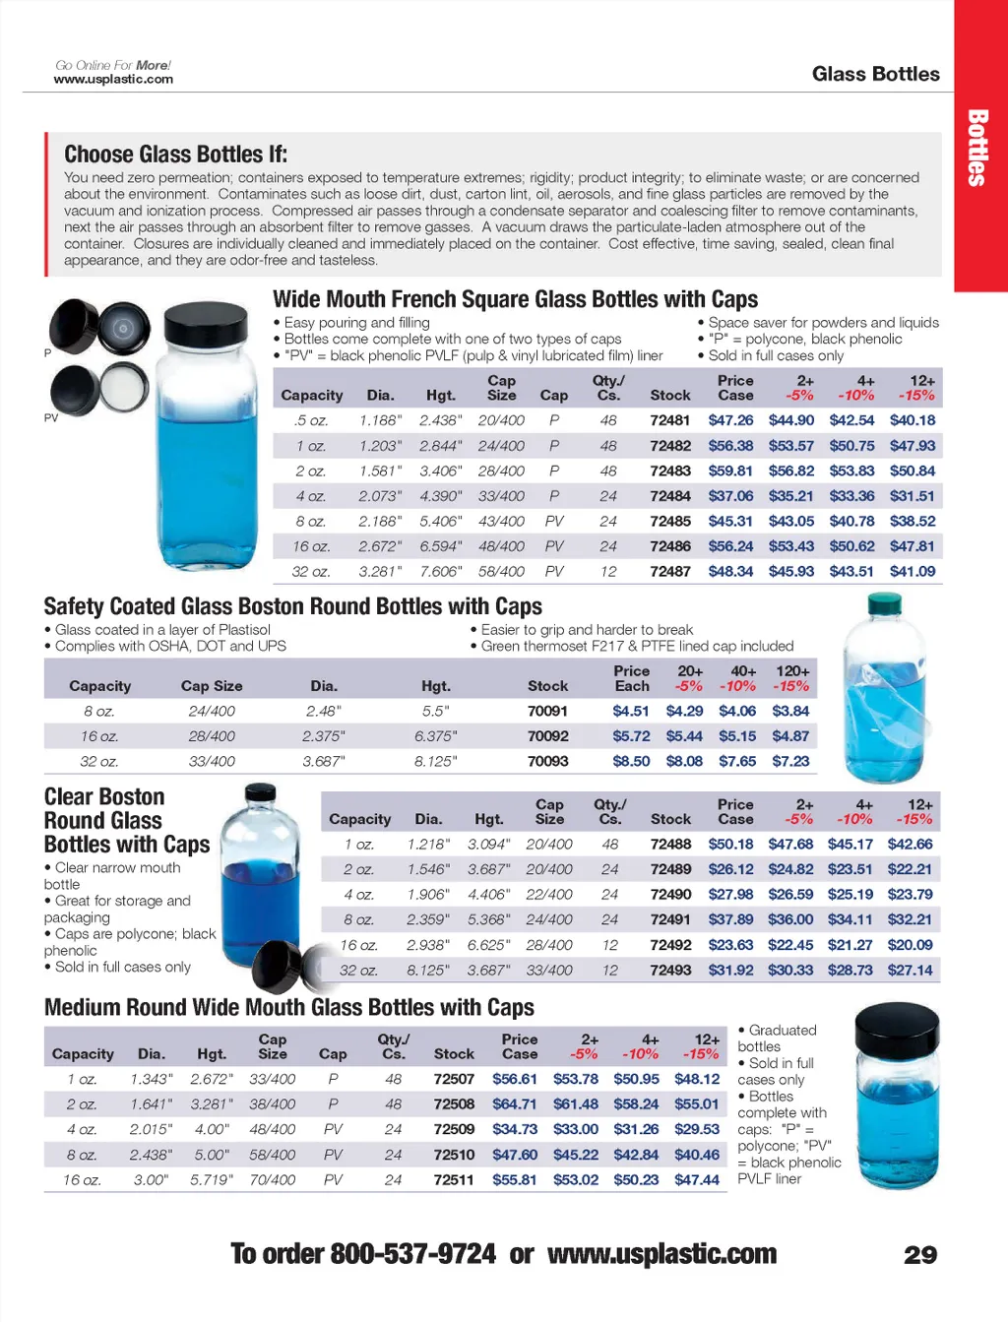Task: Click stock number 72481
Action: coord(669,420)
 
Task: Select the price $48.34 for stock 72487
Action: coord(730,571)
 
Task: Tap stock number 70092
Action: coord(547,736)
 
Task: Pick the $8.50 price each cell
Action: coord(631,761)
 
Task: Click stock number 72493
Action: coord(670,970)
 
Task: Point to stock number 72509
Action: coord(454,1129)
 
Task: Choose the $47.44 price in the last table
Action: coord(697,1179)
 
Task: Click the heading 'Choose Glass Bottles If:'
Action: coord(175,155)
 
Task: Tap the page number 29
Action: coord(920,1255)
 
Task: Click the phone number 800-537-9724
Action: coord(412,1254)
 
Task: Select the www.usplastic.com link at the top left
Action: coord(113,80)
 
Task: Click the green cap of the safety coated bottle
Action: coord(885,602)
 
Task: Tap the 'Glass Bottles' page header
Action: coord(875,74)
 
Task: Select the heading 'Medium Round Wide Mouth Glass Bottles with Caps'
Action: coord(289,1008)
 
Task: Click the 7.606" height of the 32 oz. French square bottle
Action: coord(440,571)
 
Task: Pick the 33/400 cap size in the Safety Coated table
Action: coord(212,761)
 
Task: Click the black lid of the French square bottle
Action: coord(205,321)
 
